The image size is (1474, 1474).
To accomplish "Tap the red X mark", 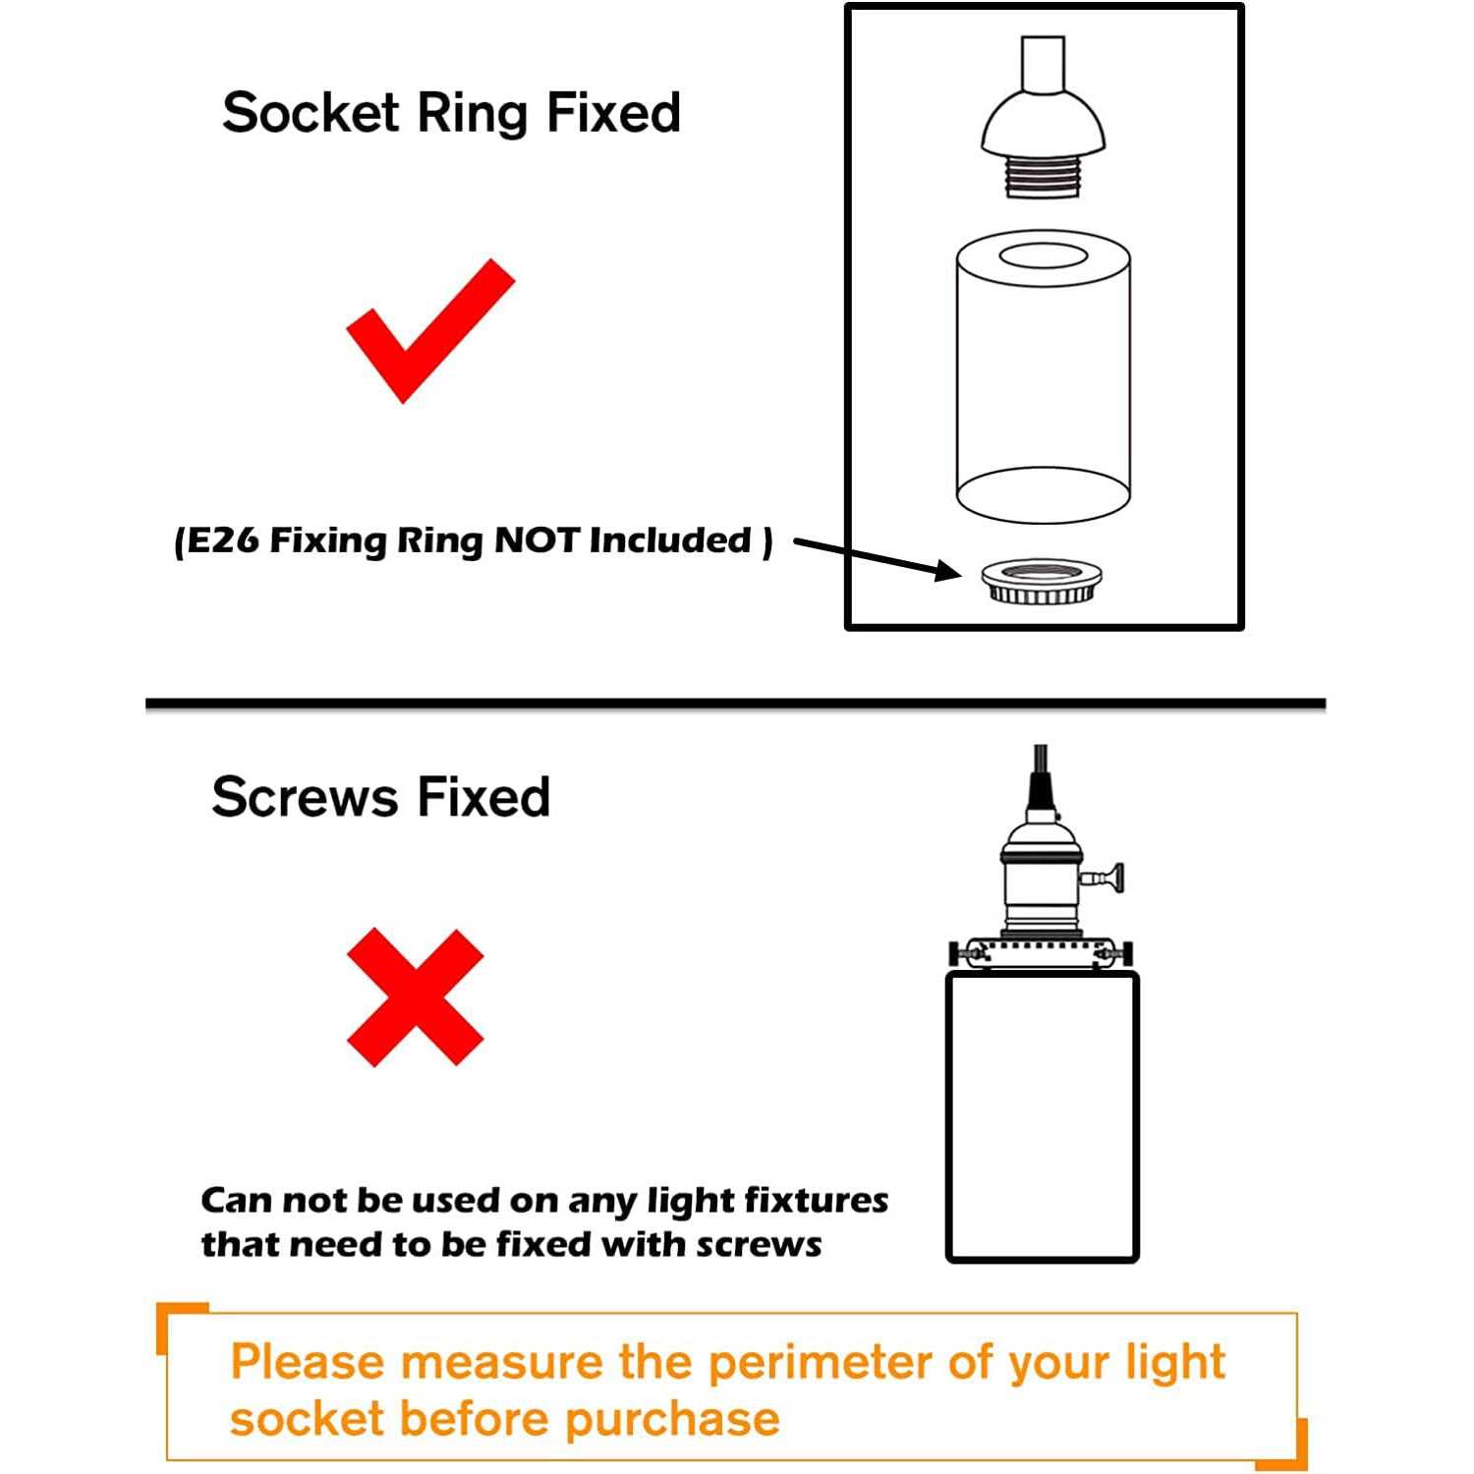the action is click(x=416, y=996).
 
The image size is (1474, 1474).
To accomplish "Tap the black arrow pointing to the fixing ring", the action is click(x=878, y=558).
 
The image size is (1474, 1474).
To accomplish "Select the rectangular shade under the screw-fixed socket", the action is click(x=1042, y=1116).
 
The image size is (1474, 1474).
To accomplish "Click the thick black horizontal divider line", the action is click(x=736, y=704).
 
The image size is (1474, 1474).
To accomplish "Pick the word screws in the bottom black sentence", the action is click(x=759, y=1246).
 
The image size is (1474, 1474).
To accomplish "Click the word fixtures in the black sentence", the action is click(x=816, y=1200).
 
